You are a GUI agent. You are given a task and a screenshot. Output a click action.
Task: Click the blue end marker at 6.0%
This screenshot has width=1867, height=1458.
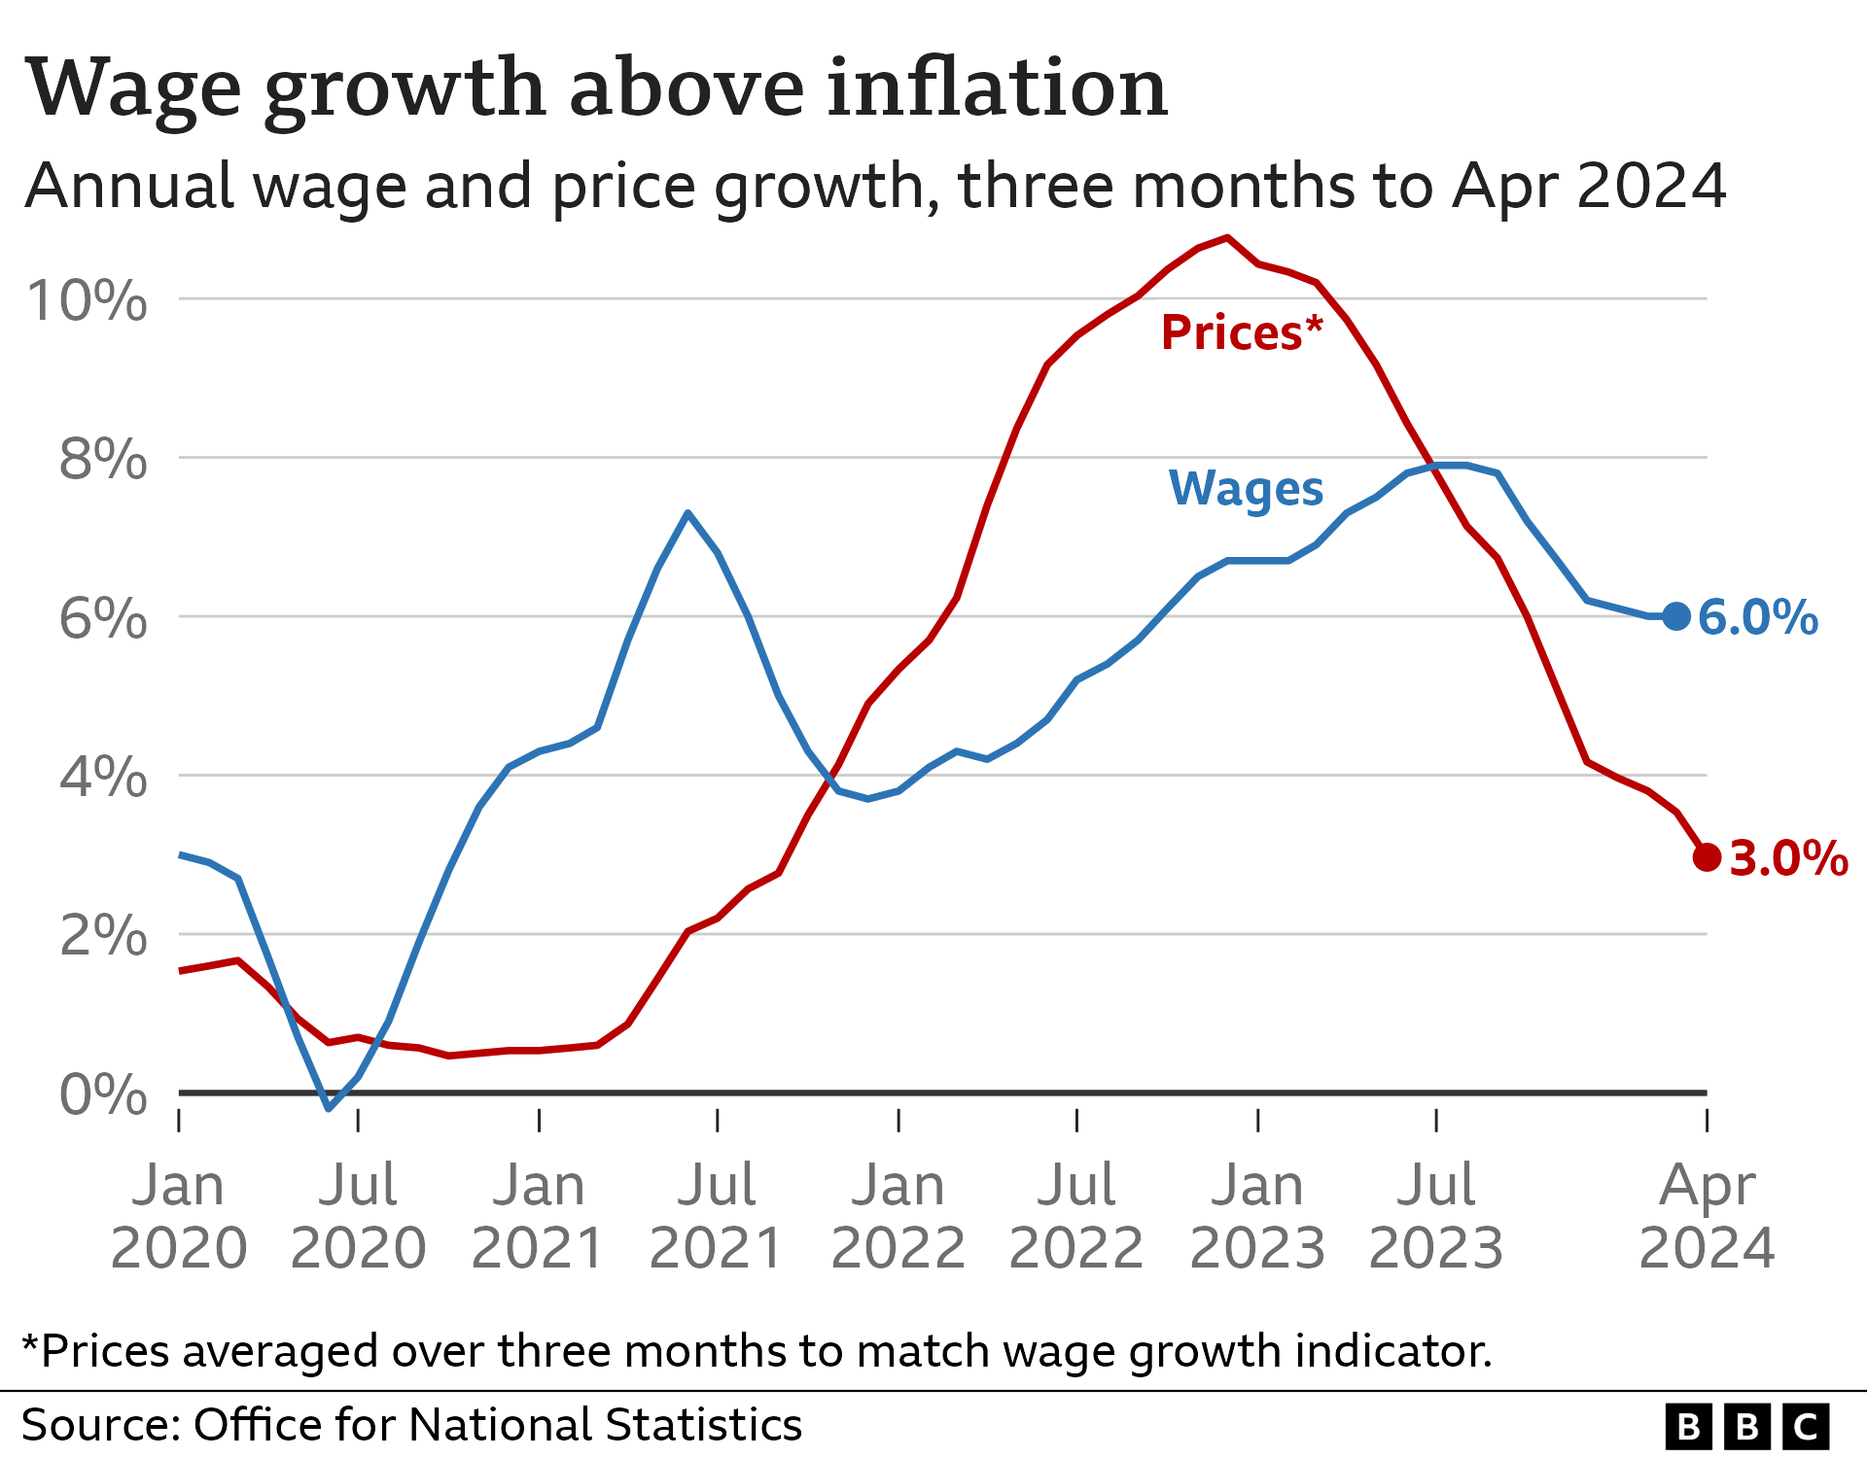[1675, 615]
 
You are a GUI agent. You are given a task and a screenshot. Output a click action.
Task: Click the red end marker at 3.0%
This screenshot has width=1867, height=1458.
[1707, 856]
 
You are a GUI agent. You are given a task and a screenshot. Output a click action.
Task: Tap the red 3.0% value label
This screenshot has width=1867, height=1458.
[1788, 859]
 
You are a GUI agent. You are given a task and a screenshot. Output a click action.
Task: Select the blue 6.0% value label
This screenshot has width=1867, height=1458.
[1757, 618]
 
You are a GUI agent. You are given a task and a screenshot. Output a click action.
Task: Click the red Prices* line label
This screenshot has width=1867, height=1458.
[1241, 333]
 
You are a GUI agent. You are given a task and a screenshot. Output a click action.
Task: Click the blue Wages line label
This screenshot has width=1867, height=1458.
[1245, 488]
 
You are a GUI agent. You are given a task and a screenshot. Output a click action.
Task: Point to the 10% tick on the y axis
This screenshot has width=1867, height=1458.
[88, 300]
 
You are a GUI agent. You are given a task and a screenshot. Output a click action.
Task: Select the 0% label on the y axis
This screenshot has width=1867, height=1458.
[103, 1095]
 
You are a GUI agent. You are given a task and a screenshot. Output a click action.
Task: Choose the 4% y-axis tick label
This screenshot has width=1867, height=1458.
[103, 778]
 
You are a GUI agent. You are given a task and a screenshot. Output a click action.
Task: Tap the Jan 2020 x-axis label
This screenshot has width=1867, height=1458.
[179, 1216]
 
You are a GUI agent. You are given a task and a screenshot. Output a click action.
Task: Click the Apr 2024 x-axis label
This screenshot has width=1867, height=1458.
[1707, 1216]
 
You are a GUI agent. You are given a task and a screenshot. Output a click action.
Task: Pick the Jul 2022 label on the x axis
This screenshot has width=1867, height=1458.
[1076, 1216]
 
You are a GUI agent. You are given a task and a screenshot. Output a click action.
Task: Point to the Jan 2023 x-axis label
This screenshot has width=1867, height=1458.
[1257, 1216]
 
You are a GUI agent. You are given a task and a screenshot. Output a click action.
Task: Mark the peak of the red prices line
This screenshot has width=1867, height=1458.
[1227, 237]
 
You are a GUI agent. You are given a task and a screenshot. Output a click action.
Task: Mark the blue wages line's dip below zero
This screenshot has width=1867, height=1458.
[329, 1107]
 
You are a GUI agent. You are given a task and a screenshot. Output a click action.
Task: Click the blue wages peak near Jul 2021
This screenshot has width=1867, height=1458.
[687, 513]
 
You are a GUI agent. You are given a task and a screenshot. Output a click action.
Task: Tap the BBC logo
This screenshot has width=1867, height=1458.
[1746, 1426]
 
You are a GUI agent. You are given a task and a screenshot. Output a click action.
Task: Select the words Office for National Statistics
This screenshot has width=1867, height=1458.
[498, 1425]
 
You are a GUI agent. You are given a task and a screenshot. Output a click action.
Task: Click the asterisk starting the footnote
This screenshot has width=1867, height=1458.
[30, 1345]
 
